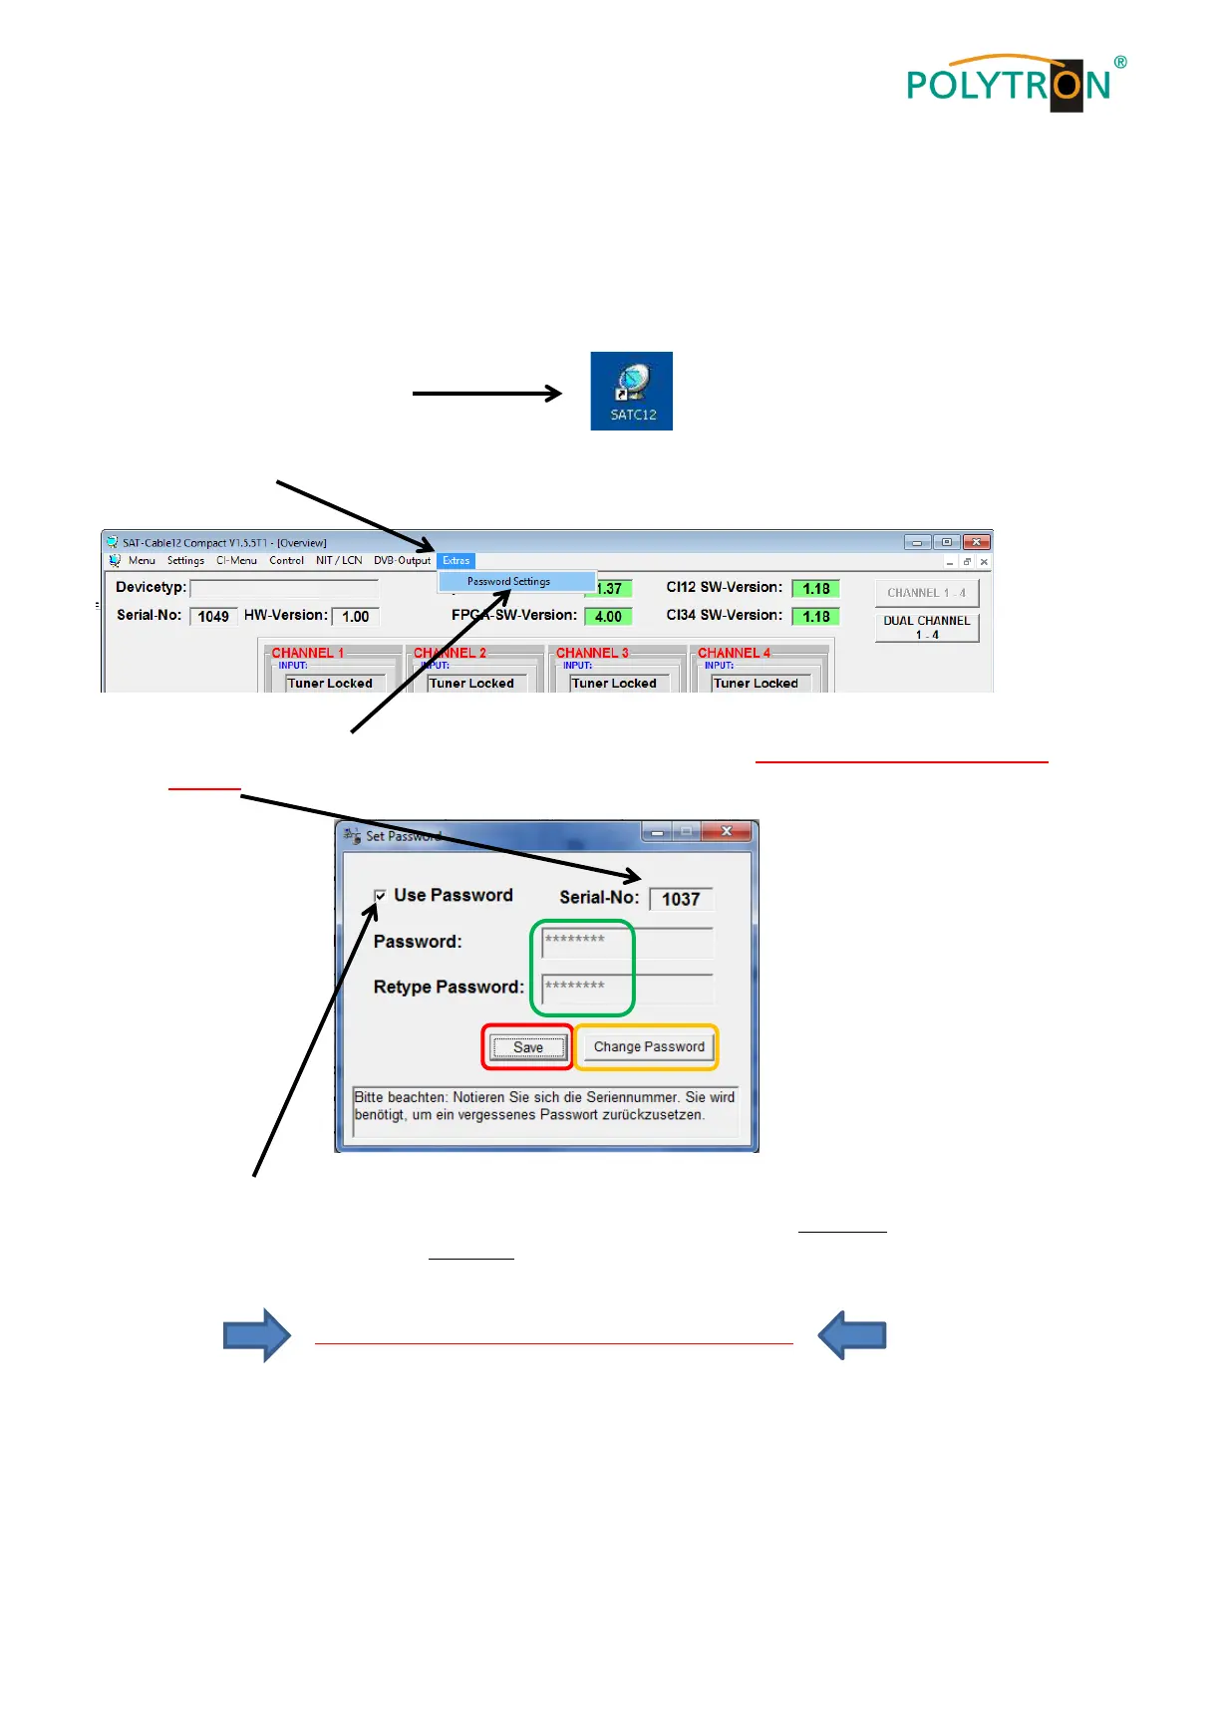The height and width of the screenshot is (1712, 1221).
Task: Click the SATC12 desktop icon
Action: point(631,391)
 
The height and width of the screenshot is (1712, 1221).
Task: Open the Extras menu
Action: point(456,561)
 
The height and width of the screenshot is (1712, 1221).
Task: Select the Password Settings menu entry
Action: point(509,581)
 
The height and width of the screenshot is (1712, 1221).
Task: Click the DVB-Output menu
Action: point(402,561)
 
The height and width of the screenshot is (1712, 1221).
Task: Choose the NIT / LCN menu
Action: point(339,561)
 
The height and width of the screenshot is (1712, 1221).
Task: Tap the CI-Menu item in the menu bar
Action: point(236,561)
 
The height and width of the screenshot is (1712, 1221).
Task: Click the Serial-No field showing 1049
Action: point(213,617)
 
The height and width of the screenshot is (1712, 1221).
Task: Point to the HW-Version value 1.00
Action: point(355,617)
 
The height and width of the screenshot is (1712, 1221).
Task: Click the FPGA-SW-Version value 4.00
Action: point(608,617)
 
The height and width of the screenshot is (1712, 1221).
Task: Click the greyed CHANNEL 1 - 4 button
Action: point(926,593)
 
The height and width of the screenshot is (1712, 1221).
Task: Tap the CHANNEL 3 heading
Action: point(592,653)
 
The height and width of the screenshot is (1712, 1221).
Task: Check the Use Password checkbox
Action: point(380,896)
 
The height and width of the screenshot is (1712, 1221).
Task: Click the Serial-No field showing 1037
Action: point(681,899)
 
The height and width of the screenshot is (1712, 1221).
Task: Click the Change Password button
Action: point(649,1047)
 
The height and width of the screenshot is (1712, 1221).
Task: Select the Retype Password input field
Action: point(627,987)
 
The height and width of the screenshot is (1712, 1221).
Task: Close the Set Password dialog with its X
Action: point(726,831)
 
